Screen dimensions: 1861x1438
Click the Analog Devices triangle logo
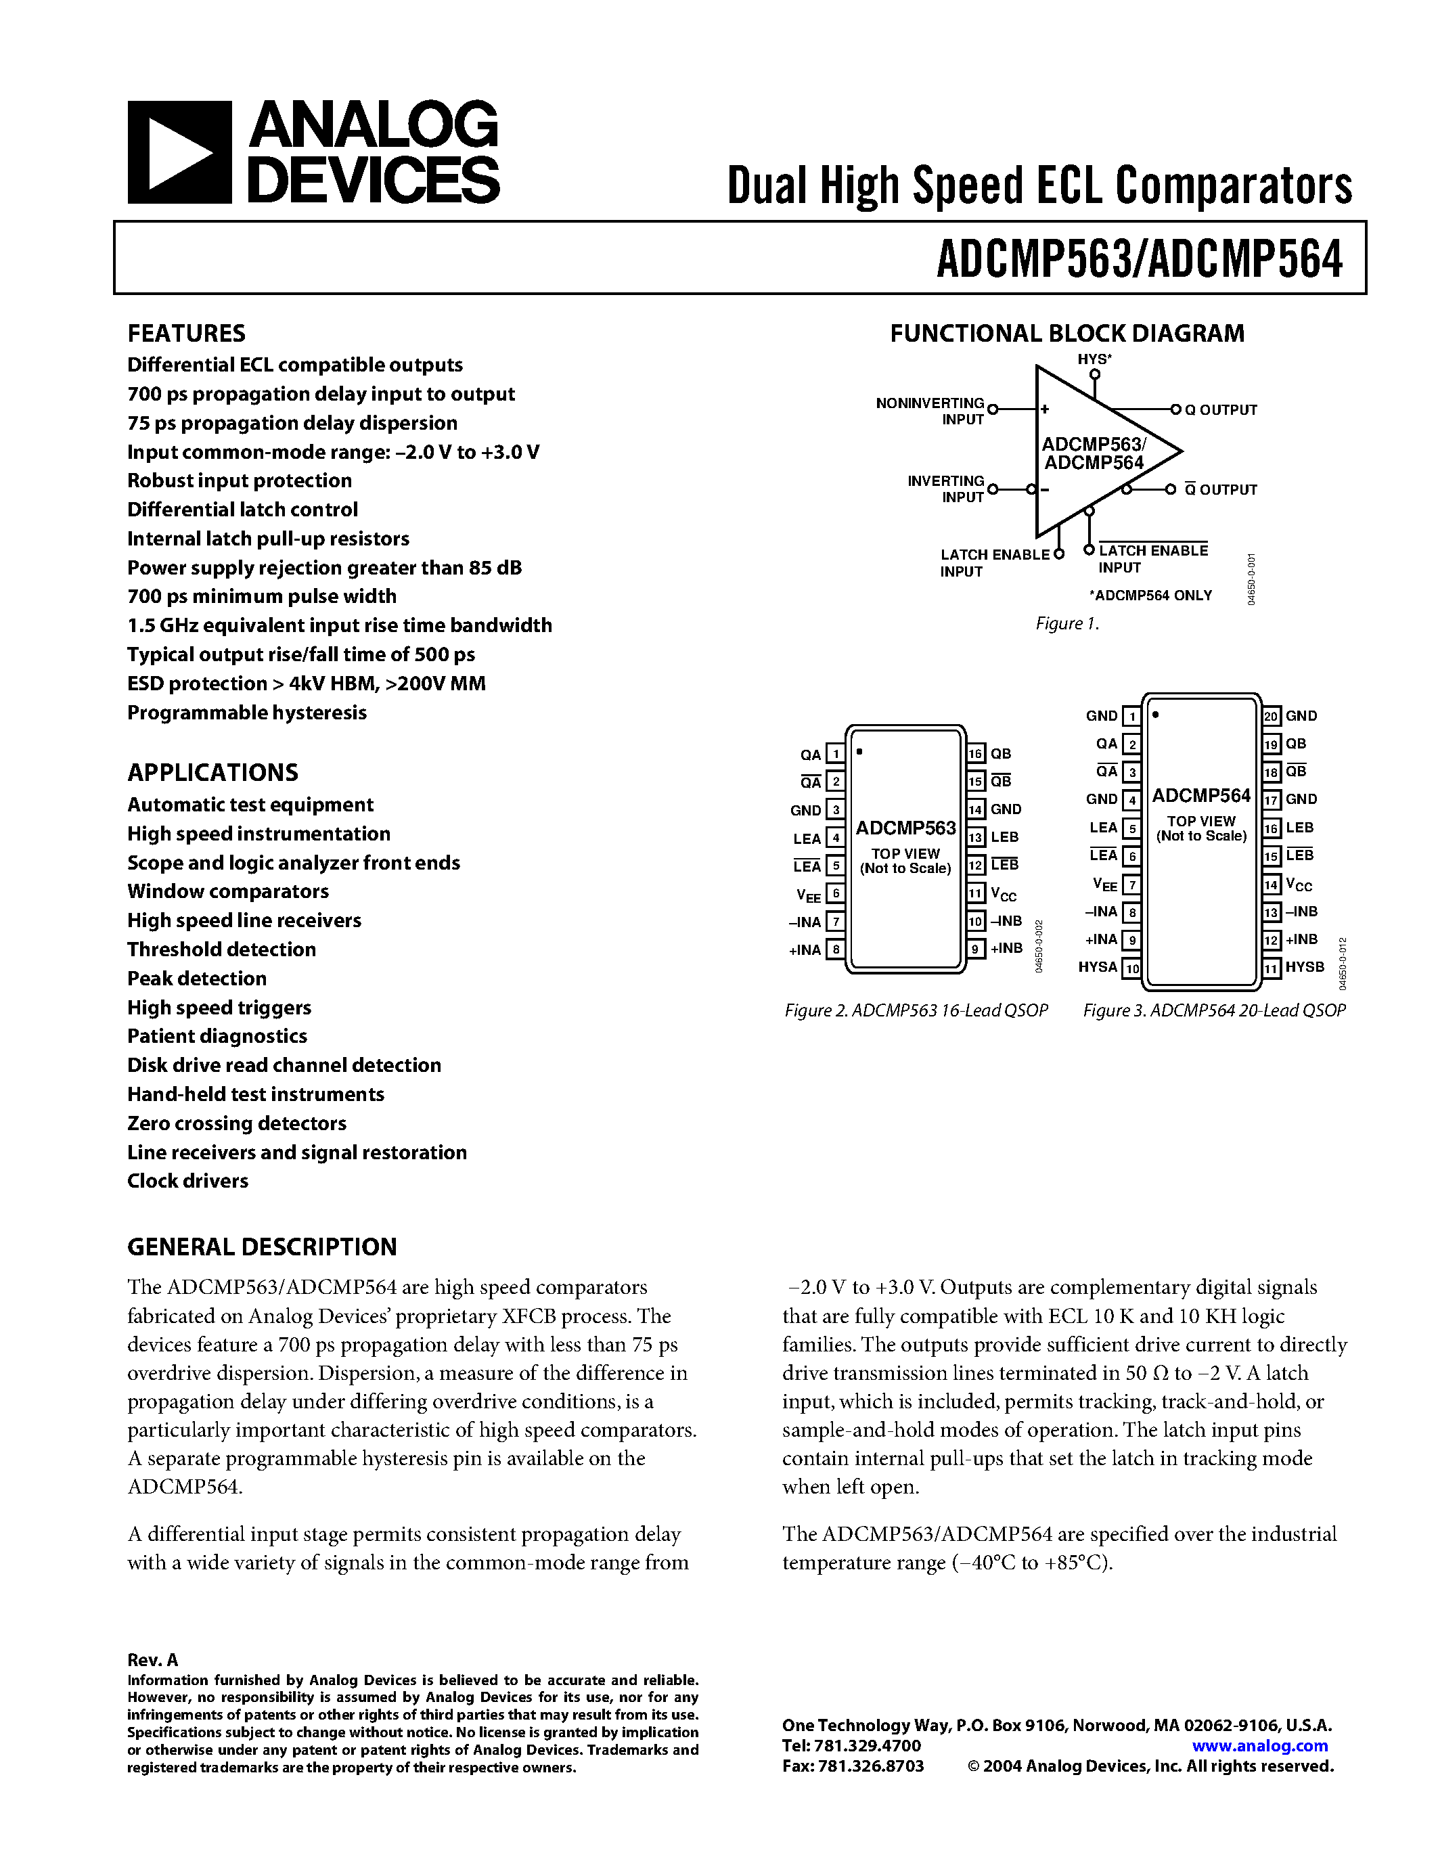(179, 152)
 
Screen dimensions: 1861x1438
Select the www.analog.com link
(1259, 1745)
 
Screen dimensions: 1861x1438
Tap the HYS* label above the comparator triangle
(1094, 359)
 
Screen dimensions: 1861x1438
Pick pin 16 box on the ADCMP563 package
(975, 753)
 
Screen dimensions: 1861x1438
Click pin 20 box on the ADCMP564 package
(1271, 717)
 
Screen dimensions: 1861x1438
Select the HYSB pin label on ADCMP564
(1304, 967)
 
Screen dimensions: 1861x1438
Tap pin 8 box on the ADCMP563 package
(836, 949)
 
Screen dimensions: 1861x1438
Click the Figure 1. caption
(1066, 624)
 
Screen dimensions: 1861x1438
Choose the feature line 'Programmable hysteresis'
(247, 713)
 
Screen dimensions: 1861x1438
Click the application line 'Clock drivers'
(188, 1181)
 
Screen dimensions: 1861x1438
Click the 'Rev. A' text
(152, 1660)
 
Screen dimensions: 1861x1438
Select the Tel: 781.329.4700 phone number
(851, 1745)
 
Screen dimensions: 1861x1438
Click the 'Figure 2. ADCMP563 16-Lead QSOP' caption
(916, 1010)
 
